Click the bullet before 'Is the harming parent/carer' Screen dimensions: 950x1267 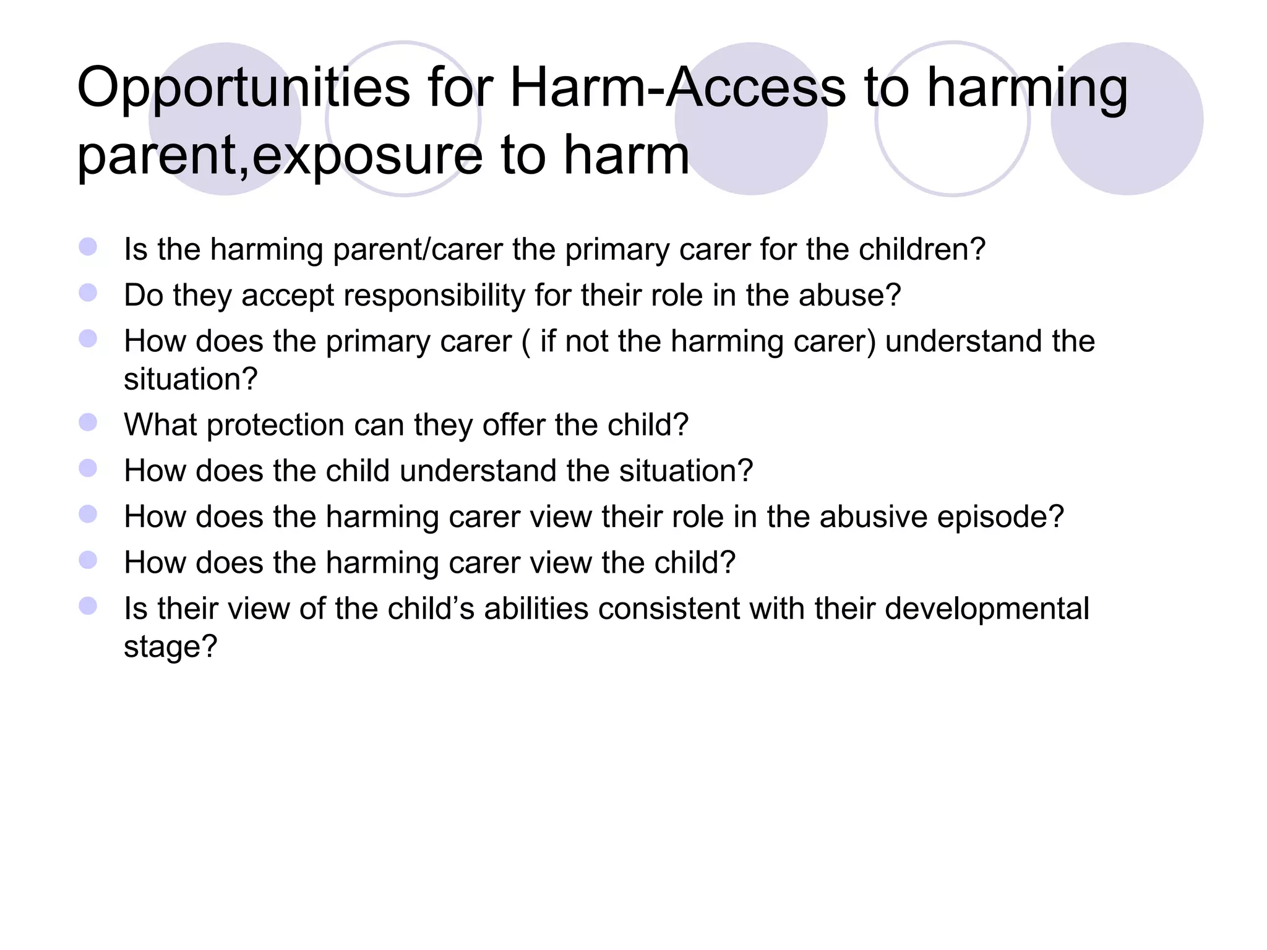(x=88, y=247)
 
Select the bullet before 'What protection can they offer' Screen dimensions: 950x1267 (x=88, y=422)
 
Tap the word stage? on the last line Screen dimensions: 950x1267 (x=171, y=647)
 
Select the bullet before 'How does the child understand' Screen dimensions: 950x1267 (x=88, y=468)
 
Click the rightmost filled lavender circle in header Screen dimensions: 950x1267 (x=1127, y=119)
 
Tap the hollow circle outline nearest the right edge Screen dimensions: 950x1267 (x=953, y=119)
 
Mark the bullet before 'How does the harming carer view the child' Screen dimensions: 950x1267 (x=88, y=560)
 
